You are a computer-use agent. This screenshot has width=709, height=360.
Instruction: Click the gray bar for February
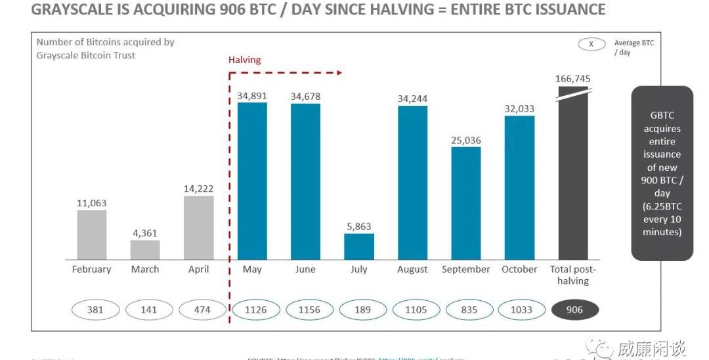tap(91, 235)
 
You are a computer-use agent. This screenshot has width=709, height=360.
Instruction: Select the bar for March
tap(145, 250)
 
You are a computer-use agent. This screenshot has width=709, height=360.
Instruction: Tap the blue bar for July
tap(359, 246)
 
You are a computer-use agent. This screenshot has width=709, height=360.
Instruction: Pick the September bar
tap(466, 203)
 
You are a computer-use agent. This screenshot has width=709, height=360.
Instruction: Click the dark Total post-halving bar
tap(573, 173)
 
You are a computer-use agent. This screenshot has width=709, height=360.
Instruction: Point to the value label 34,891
tap(252, 96)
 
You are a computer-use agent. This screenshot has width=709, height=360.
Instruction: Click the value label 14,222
tap(199, 189)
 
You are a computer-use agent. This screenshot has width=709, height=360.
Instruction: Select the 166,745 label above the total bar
tap(573, 79)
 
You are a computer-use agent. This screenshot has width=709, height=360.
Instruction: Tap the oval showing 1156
tap(305, 309)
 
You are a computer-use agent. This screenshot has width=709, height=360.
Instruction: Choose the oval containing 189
tap(359, 309)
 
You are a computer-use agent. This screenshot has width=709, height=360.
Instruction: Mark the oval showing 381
tap(95, 309)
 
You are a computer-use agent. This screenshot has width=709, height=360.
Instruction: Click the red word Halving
tap(244, 60)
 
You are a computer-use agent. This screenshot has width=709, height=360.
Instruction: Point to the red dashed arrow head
tap(339, 72)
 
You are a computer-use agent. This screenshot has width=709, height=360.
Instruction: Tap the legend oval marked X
tap(591, 44)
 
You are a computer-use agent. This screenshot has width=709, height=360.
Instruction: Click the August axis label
tap(412, 269)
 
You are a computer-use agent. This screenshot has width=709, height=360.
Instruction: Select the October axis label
tap(519, 269)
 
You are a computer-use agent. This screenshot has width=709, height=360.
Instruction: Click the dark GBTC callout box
tap(662, 173)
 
